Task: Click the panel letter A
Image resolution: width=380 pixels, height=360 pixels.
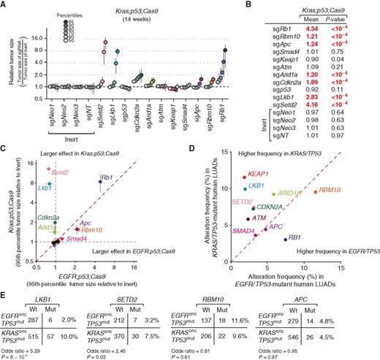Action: (4, 5)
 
